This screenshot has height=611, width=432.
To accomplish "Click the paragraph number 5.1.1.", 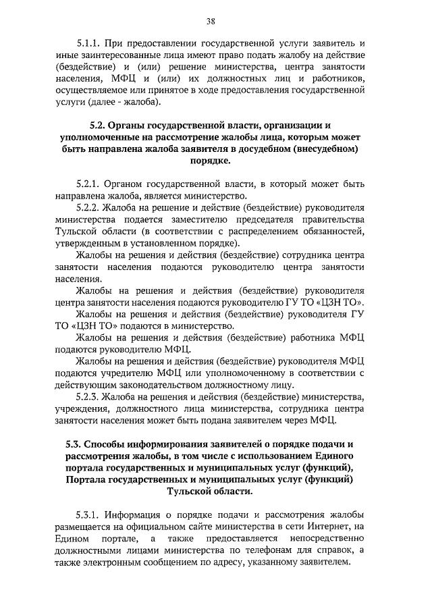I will point(90,43).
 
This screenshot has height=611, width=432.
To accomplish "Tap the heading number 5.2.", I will point(100,125).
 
